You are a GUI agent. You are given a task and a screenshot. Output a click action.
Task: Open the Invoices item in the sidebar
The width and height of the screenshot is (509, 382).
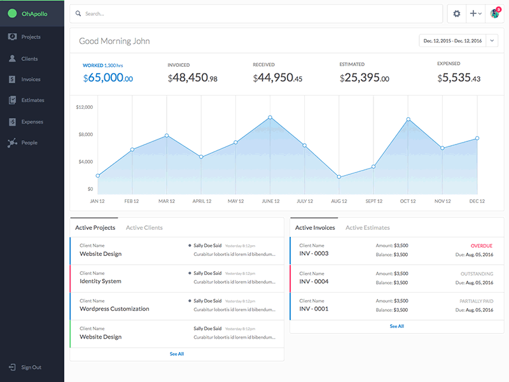(31, 80)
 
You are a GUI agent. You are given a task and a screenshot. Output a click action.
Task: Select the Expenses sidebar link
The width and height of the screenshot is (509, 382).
(32, 122)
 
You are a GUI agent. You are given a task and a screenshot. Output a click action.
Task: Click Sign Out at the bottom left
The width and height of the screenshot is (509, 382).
(31, 367)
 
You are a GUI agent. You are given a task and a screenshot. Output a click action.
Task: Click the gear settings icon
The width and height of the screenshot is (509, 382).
(456, 13)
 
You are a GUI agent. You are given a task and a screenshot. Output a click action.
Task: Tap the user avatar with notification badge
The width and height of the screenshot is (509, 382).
(494, 13)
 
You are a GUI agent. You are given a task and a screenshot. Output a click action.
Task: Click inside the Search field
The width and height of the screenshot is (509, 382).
(254, 13)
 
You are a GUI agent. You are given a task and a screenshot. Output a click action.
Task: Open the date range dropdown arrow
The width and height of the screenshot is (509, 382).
(492, 41)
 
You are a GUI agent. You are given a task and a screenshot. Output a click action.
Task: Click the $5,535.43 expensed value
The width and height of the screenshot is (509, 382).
(459, 78)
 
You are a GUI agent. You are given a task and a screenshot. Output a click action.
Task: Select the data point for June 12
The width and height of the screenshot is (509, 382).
(270, 117)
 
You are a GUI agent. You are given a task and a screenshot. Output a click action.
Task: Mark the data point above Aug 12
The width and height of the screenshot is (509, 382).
(338, 176)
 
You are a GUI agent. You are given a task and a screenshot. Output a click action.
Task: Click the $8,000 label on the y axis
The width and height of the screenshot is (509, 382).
(85, 134)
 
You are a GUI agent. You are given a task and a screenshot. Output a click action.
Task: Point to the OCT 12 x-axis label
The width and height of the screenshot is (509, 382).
(407, 201)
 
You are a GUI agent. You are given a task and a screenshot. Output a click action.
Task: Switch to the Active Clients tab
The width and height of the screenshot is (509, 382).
(144, 227)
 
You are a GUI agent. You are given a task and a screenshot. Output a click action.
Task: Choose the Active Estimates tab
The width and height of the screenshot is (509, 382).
(367, 227)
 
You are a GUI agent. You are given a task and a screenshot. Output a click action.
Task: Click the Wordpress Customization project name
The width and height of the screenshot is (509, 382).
(114, 309)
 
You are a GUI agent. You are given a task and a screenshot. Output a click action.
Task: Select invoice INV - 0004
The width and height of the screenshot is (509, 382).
(314, 281)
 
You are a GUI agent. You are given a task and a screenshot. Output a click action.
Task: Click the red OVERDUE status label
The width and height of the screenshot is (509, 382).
(481, 246)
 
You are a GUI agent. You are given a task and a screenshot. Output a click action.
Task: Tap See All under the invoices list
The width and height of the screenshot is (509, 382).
(396, 326)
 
